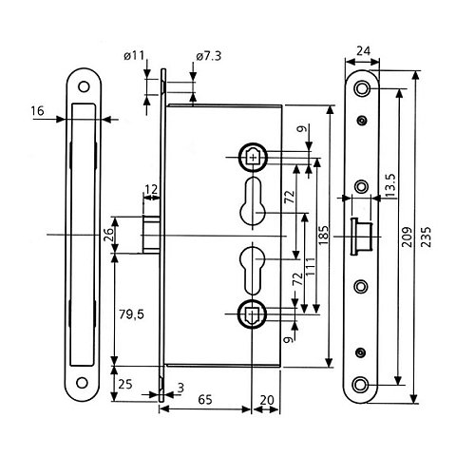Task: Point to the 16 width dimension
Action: pyautogui.click(x=39, y=111)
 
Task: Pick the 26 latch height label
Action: pyautogui.click(x=105, y=233)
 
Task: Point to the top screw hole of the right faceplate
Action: pyautogui.click(x=361, y=89)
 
